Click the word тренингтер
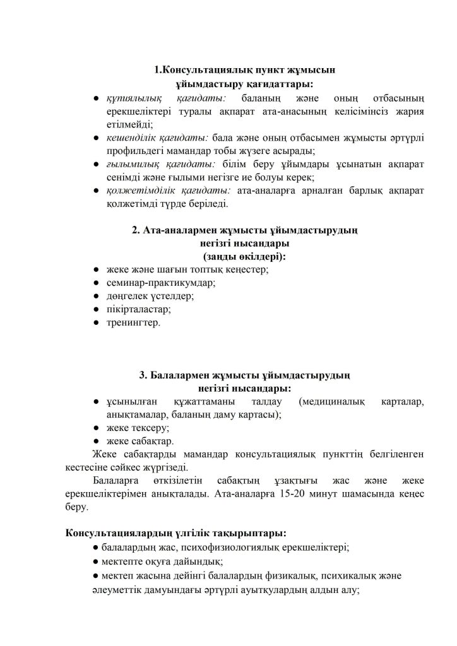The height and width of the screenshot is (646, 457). point(134,323)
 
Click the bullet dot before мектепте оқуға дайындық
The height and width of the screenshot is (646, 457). point(95,561)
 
